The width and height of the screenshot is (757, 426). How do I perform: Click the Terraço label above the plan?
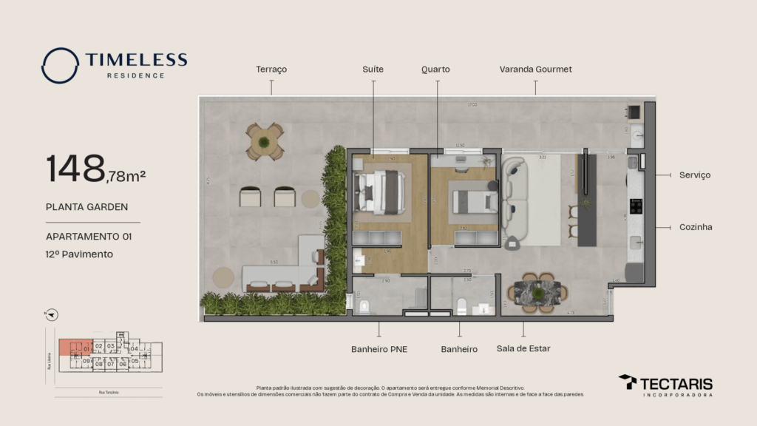click(271, 70)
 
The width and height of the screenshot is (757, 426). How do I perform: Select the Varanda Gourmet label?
click(535, 70)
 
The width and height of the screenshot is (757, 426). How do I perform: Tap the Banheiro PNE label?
click(379, 349)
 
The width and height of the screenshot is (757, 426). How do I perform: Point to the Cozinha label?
click(696, 227)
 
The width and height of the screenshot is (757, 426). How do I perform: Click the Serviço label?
click(694, 175)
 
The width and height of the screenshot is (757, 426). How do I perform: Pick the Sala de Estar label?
click(523, 349)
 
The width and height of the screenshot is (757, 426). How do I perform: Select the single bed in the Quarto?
click(475, 200)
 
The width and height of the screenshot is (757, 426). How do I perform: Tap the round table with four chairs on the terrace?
click(265, 141)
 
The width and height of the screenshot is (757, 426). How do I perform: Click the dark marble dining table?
click(539, 292)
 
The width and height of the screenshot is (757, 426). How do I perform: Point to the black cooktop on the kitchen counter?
click(635, 206)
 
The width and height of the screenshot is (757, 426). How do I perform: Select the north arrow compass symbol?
click(51, 314)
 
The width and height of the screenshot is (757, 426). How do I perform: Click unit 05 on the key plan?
click(135, 362)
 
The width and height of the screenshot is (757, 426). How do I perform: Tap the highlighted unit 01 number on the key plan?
click(86, 348)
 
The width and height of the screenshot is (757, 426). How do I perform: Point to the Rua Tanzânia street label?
click(108, 392)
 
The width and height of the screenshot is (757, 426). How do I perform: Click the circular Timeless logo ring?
click(60, 66)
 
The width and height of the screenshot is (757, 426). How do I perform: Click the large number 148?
click(75, 169)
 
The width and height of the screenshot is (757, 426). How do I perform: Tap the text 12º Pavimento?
click(79, 254)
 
